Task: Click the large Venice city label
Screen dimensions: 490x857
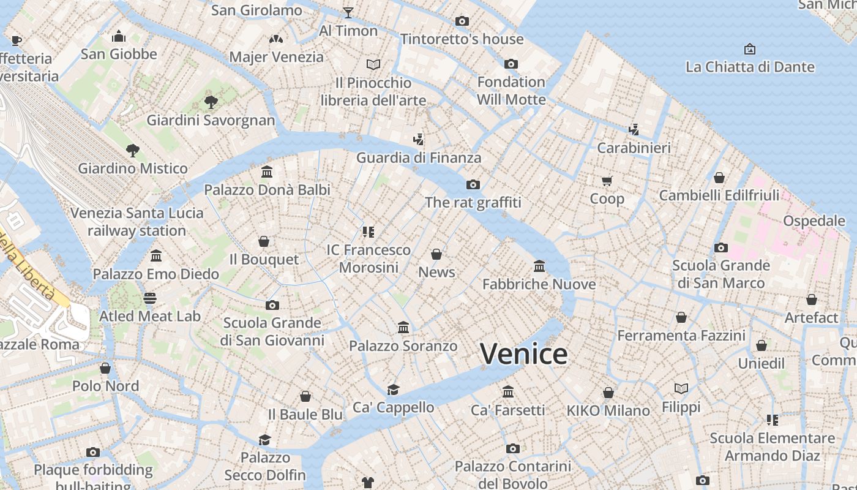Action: pyautogui.click(x=523, y=354)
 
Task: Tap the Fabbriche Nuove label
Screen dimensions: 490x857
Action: pyautogui.click(x=539, y=284)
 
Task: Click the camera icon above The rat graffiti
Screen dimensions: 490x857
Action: pyautogui.click(x=473, y=184)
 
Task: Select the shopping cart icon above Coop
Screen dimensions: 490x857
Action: pyautogui.click(x=607, y=181)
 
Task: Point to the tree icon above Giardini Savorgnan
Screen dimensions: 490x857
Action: pyautogui.click(x=211, y=102)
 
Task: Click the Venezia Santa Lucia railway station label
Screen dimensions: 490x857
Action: pyautogui.click(x=137, y=222)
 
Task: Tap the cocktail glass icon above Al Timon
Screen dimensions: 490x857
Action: pyautogui.click(x=348, y=12)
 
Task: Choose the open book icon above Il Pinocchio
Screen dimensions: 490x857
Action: pyautogui.click(x=373, y=64)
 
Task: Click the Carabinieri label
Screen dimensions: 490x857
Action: pyautogui.click(x=634, y=148)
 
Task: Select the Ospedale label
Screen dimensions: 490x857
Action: pyautogui.click(x=814, y=221)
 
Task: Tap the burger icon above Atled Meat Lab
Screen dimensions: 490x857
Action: pyautogui.click(x=150, y=298)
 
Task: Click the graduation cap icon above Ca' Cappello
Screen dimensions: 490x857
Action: pyautogui.click(x=393, y=390)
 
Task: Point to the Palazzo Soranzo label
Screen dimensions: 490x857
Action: pyautogui.click(x=403, y=346)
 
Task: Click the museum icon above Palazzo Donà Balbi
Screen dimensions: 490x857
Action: pyautogui.click(x=267, y=172)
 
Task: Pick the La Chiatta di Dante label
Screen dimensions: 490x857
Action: pyautogui.click(x=749, y=67)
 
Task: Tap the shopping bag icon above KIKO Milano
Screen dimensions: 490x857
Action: pyautogui.click(x=608, y=393)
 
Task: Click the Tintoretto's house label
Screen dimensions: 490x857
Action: pyautogui.click(x=462, y=39)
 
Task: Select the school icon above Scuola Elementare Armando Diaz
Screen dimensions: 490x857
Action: pyautogui.click(x=773, y=420)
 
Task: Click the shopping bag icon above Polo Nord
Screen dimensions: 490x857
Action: pyautogui.click(x=105, y=368)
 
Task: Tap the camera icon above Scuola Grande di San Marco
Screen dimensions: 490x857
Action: pyautogui.click(x=721, y=248)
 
